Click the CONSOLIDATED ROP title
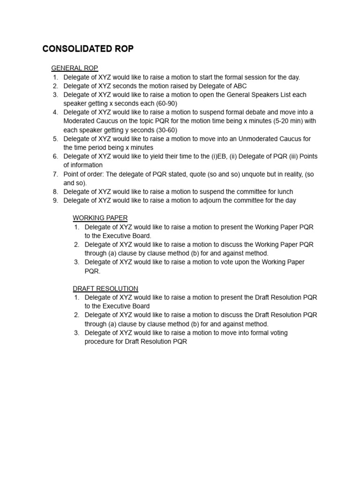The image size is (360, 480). [88, 49]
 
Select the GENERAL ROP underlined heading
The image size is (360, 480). [75, 68]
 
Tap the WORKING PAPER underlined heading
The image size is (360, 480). [100, 217]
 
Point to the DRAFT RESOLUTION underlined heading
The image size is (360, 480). [105, 288]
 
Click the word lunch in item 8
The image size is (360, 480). [285, 191]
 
